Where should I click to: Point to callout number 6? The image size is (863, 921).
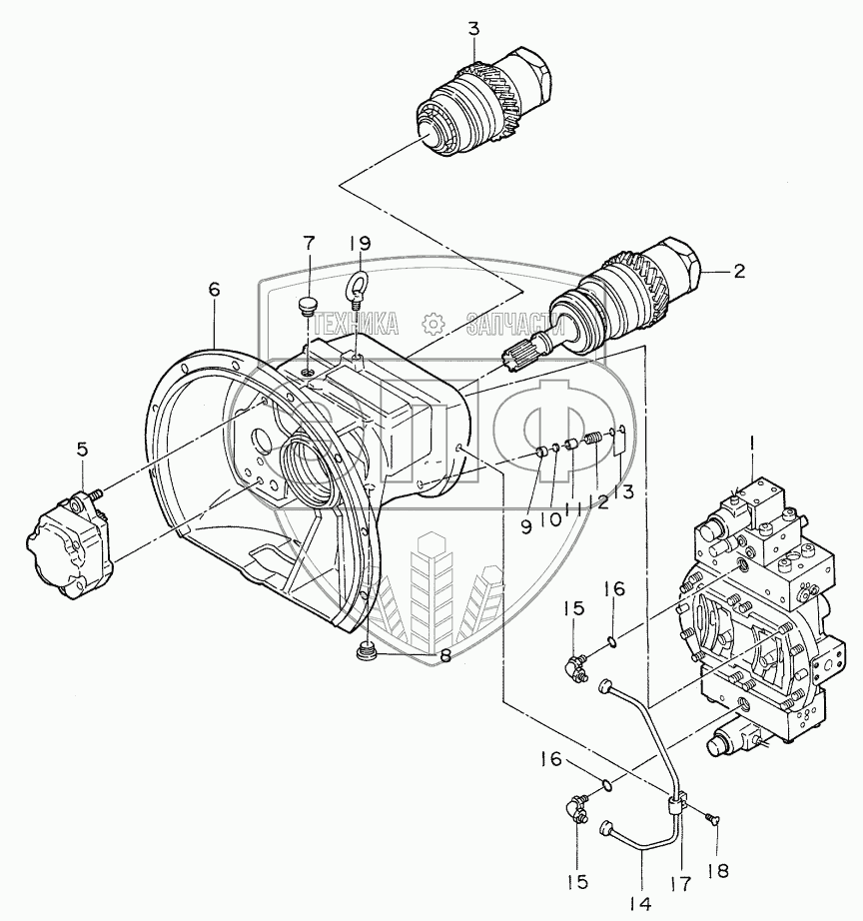[x=214, y=289]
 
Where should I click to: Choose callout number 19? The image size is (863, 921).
[x=361, y=243]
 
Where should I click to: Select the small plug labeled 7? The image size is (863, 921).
[x=307, y=304]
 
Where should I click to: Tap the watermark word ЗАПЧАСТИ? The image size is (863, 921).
[x=510, y=324]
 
